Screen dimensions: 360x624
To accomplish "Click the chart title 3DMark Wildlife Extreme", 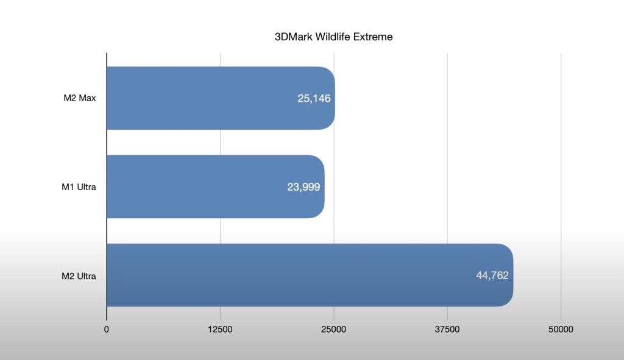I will [333, 37].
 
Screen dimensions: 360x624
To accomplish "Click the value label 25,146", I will [314, 98].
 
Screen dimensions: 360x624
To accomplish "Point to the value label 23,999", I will [303, 186].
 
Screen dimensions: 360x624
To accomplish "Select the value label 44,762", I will [492, 275].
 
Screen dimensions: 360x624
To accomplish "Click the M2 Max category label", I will [79, 98].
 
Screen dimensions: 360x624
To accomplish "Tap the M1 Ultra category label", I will [79, 186].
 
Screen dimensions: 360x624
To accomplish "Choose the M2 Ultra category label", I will [79, 275].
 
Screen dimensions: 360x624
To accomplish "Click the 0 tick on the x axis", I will [107, 330].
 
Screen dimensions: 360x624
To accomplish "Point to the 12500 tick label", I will [220, 330].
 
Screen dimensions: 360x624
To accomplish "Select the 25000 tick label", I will [334, 330].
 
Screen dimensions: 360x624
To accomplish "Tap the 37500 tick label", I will [447, 330].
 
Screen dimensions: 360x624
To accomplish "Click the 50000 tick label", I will [561, 330].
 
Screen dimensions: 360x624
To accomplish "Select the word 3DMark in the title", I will [293, 37].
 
